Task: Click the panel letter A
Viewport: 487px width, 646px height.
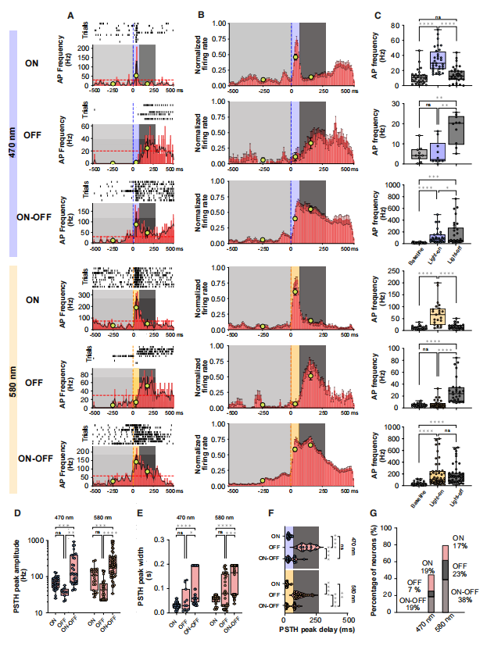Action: pyautogui.click(x=71, y=15)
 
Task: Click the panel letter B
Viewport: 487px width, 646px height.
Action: pyautogui.click(x=201, y=15)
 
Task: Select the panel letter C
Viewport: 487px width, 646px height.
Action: pyautogui.click(x=378, y=15)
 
